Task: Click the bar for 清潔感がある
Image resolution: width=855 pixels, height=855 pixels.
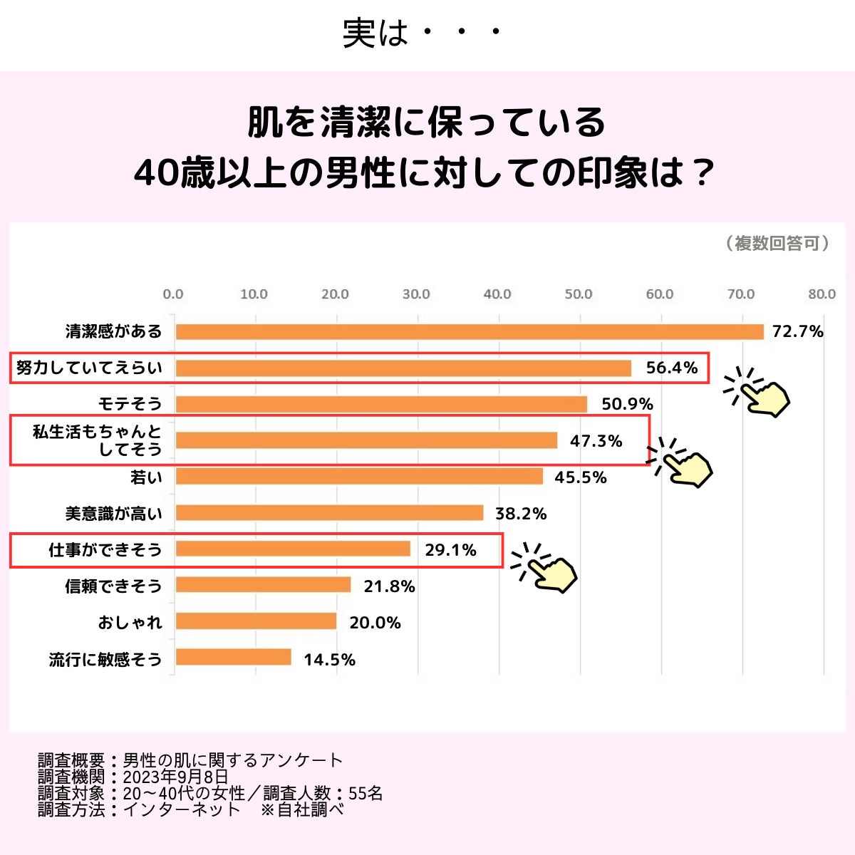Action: click(470, 332)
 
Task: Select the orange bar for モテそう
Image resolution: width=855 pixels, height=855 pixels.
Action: click(381, 405)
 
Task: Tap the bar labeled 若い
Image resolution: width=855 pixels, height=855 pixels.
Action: click(359, 477)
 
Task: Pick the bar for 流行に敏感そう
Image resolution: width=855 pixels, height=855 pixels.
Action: click(234, 658)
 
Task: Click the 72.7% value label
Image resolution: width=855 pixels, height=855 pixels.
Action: click(798, 332)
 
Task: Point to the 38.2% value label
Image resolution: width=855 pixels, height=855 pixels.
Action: click(521, 514)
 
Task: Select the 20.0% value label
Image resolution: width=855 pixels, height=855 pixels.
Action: click(375, 623)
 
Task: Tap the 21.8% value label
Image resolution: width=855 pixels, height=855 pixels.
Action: click(389, 586)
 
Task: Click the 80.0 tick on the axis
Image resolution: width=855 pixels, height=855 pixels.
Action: click(822, 294)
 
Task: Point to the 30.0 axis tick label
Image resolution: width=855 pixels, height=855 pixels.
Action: click(416, 294)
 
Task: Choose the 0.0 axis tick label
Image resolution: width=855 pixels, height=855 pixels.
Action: click(173, 294)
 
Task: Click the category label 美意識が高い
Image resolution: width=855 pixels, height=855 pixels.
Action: click(114, 514)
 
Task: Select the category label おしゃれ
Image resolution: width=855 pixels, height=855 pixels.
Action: click(130, 623)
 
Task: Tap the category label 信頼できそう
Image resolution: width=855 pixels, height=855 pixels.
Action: click(114, 586)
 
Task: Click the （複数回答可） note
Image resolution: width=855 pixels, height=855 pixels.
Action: click(777, 244)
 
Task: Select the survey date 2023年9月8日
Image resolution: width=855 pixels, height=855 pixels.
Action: click(175, 777)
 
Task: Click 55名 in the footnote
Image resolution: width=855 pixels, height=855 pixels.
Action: click(366, 793)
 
